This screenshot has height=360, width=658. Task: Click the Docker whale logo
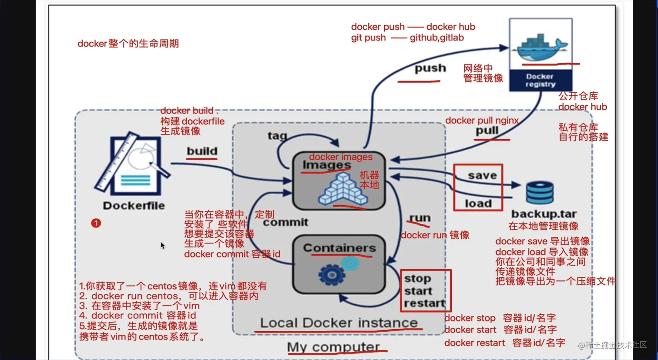coord(540,46)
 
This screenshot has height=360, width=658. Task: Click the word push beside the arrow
coord(430,68)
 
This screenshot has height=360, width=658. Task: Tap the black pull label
coord(487,131)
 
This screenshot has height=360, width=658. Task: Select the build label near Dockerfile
coord(202,151)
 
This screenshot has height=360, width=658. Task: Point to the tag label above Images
coord(277,136)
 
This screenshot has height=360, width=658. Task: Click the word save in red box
coord(482,175)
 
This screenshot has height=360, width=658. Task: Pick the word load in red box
coord(478,203)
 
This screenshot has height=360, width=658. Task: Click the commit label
coord(285,222)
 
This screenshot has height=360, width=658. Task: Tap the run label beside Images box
coord(420,218)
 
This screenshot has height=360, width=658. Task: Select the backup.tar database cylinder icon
coord(540,193)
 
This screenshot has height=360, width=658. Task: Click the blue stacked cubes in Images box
coord(343,190)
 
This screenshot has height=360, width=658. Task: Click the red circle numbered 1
coord(96,223)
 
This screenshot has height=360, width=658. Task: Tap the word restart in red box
coord(425,303)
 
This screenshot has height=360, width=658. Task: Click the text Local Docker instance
coord(339,323)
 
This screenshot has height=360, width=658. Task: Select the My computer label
coord(333,347)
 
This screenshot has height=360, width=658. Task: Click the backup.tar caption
coord(544,214)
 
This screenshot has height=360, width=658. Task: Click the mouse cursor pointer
coord(162,245)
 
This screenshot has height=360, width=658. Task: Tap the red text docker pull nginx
coord(482,121)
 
